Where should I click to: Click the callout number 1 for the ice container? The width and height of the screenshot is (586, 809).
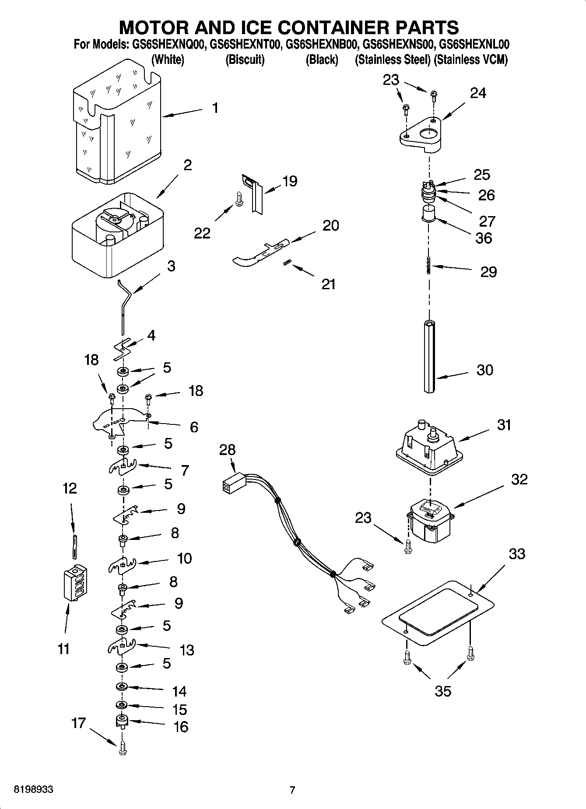[x=215, y=108]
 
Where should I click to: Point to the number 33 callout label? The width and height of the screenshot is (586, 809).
[x=517, y=554]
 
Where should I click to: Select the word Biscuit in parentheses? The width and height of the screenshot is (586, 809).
[x=245, y=60]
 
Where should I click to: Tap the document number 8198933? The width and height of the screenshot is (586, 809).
[x=34, y=790]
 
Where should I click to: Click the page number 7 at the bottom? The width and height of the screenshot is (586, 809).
[x=292, y=790]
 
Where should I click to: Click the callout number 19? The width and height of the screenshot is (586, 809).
[x=290, y=181]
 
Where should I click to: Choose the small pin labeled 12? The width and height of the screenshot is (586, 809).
[x=75, y=546]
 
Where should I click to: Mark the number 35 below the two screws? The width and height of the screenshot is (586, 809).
[x=442, y=691]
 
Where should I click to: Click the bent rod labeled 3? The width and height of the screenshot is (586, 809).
[x=125, y=306]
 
